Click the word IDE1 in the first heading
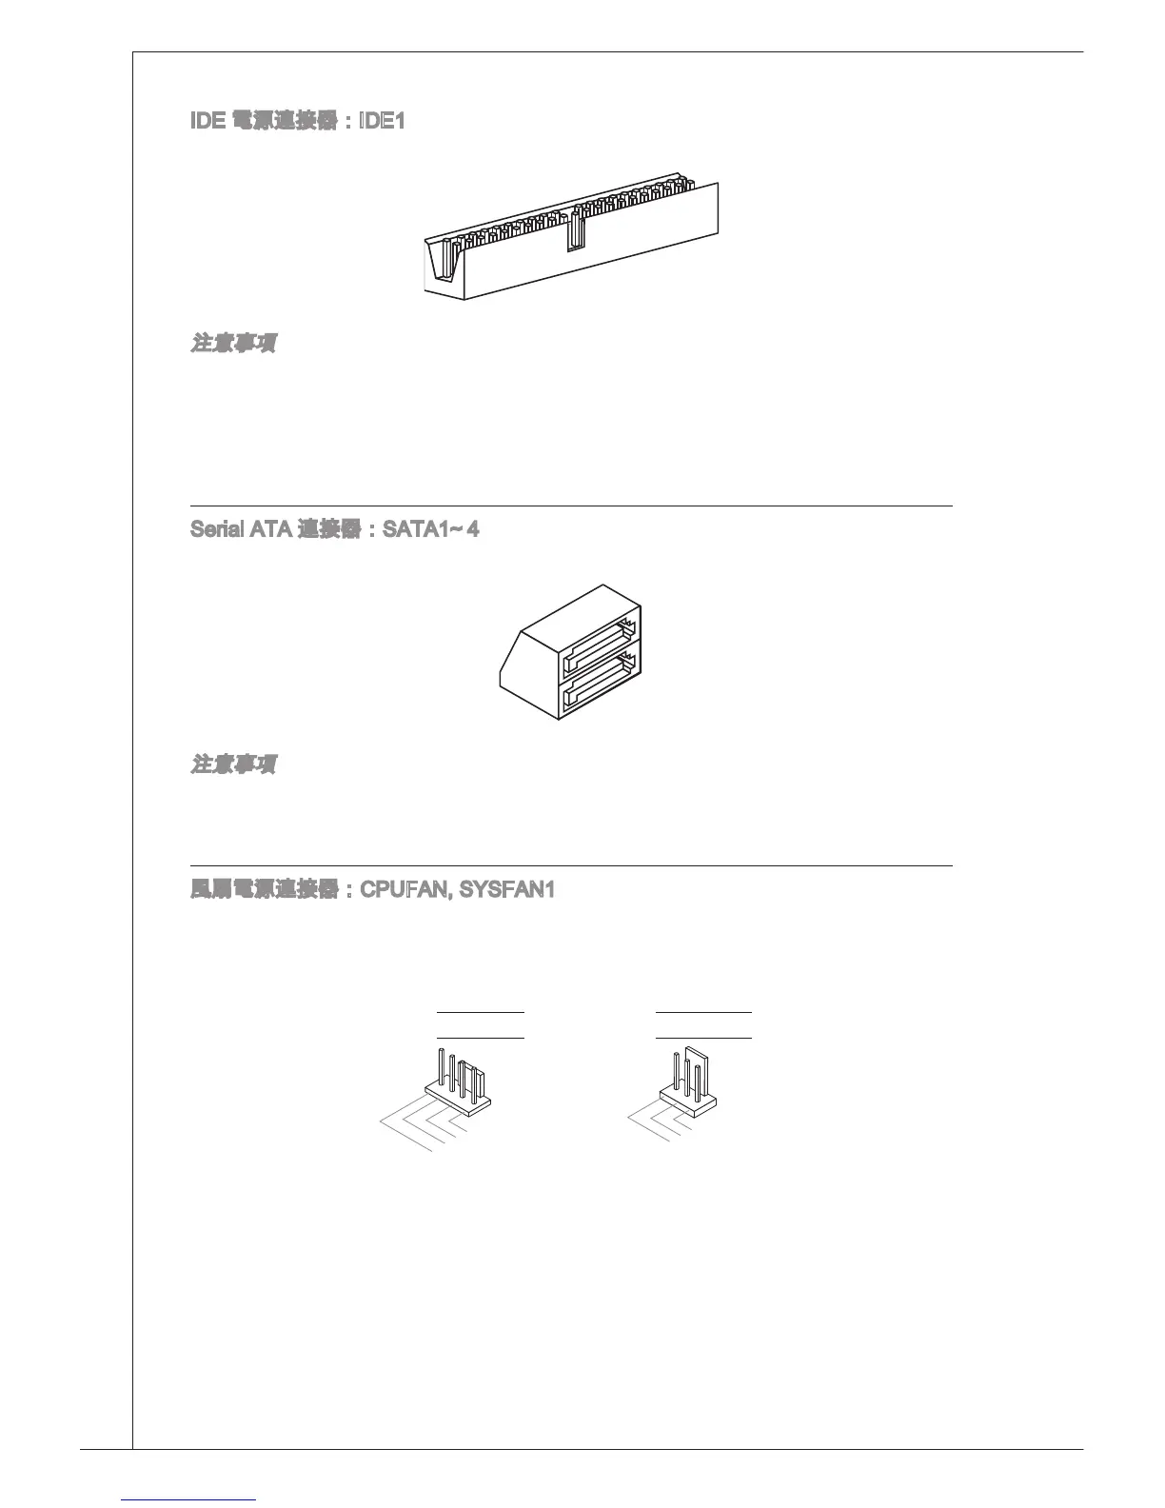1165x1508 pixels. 381,122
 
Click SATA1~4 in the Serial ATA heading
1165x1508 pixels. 430,528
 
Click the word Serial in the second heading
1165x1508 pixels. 217,528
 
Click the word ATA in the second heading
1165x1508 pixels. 270,528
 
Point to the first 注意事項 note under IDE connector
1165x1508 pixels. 233,343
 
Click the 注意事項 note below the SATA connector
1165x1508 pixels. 233,764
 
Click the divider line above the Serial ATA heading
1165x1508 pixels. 571,506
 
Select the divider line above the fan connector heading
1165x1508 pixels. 571,866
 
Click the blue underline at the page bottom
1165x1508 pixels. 189,1499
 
